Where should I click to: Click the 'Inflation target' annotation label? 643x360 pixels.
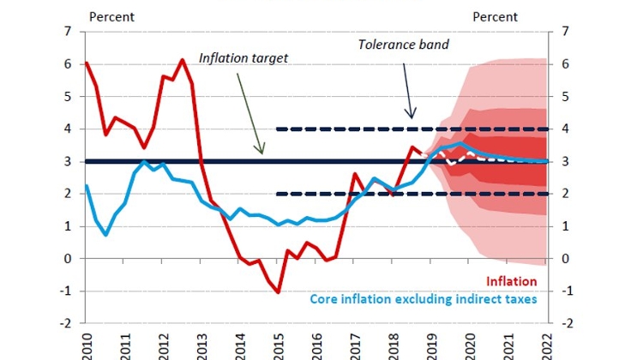pos(243,58)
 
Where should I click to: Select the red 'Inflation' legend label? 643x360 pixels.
pos(511,281)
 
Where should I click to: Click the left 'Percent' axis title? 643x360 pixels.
pos(111,16)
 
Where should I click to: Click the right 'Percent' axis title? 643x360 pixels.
pos(495,16)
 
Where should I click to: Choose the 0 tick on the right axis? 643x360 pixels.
pos(563,259)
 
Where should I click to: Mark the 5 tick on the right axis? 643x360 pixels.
pos(563,97)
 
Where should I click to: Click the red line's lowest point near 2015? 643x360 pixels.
pos(279,292)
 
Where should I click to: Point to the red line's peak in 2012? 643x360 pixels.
pos(182,60)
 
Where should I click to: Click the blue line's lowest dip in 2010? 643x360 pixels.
pos(105,234)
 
